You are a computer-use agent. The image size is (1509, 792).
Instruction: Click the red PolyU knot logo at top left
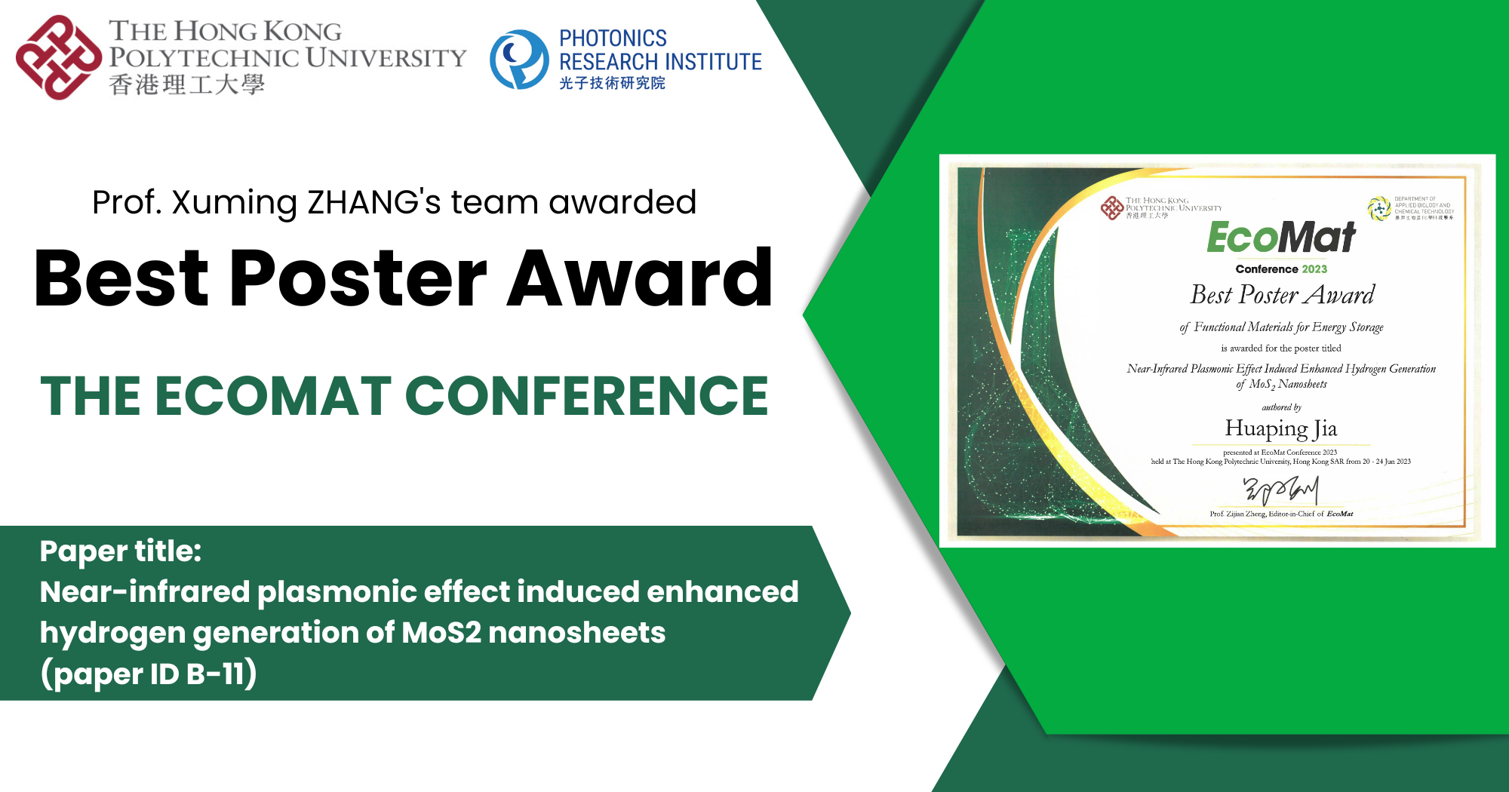tap(58, 57)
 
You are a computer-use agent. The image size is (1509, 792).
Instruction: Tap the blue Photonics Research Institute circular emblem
tap(519, 59)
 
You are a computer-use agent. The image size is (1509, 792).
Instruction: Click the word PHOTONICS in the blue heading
tap(613, 38)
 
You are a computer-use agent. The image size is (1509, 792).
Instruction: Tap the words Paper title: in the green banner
tap(121, 551)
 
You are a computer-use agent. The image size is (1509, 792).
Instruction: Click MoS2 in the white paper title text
tap(441, 633)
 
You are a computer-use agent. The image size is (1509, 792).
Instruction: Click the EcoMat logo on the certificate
tap(1281, 237)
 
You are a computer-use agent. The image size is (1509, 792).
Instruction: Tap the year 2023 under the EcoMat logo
tap(1314, 269)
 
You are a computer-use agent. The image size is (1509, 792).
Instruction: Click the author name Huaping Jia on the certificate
tap(1281, 428)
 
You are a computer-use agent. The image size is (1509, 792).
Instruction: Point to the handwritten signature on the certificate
tap(1281, 490)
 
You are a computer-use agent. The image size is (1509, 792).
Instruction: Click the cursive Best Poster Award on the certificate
tap(1282, 295)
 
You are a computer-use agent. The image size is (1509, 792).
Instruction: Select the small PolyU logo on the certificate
tap(1112, 207)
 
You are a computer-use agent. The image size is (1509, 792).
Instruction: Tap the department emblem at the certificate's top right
tap(1379, 208)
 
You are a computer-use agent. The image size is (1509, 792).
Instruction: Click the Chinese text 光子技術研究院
tap(612, 83)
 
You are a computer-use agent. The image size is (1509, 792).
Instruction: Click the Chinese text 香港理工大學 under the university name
tap(186, 84)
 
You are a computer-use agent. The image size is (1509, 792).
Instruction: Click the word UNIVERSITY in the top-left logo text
tap(386, 58)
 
